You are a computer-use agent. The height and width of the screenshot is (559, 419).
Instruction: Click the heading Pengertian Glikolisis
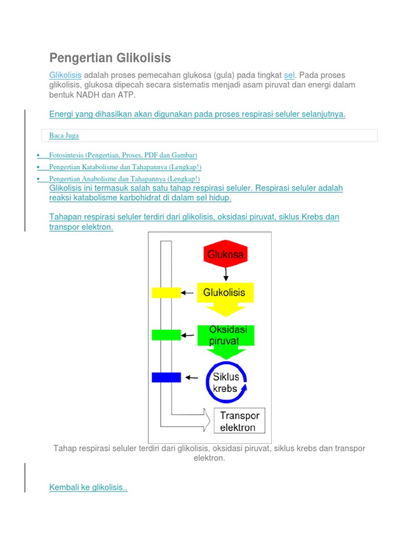[x=110, y=58]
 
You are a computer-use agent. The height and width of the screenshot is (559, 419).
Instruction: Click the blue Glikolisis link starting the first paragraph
[x=65, y=75]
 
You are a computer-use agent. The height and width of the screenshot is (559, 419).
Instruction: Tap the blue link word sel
[x=289, y=75]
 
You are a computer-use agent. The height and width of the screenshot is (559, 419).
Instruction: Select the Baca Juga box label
[x=64, y=135]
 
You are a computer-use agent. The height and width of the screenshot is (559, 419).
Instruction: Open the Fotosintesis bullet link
[x=123, y=156]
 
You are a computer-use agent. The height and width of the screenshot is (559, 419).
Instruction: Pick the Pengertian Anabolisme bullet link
[x=124, y=179]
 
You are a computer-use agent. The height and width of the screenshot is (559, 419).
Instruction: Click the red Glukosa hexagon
[x=225, y=254]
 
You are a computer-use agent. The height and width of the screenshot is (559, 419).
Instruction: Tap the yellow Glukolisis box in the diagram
[x=224, y=293]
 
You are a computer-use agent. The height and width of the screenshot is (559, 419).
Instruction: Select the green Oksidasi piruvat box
[x=225, y=335]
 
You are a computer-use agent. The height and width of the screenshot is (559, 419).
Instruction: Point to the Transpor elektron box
[x=240, y=421]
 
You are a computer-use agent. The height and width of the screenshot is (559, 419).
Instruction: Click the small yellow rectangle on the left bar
[x=166, y=293]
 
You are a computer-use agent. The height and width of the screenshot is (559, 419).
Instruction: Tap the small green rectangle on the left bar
[x=166, y=335]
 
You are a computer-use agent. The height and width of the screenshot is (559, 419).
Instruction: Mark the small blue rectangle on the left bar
[x=166, y=377]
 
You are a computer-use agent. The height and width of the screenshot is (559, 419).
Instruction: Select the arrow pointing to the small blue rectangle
[x=191, y=377]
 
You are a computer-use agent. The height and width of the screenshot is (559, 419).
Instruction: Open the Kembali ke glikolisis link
[x=88, y=487]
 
